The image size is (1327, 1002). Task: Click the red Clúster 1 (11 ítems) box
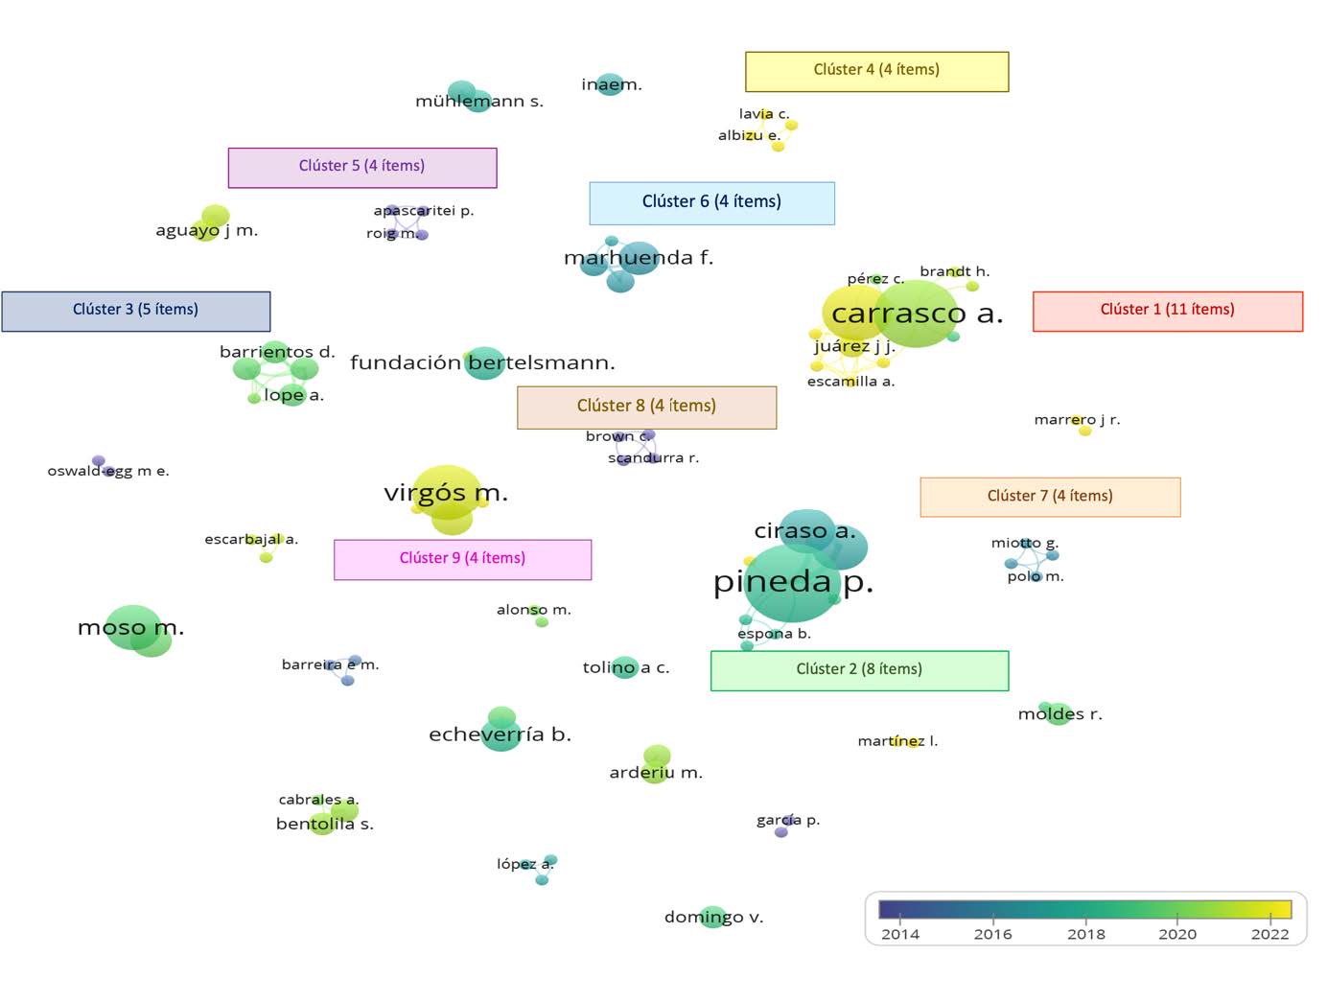click(1167, 311)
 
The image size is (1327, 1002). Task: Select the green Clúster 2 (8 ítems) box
click(859, 670)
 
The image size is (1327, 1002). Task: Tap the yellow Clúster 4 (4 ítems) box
click(876, 71)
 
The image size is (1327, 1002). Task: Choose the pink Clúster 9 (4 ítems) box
click(462, 559)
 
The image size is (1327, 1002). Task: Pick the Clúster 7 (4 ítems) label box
click(1050, 497)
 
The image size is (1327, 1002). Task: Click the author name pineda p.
click(793, 582)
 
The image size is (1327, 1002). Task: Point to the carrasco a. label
click(917, 314)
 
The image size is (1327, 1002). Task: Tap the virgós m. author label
click(446, 493)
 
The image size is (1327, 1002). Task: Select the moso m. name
click(130, 628)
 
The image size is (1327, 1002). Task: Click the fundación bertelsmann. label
click(482, 362)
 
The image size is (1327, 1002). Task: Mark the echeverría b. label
click(500, 734)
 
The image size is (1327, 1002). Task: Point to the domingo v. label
click(713, 918)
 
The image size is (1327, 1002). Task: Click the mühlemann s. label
click(478, 101)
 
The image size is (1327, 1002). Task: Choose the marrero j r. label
click(1077, 420)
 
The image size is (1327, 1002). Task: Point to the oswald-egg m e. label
click(108, 471)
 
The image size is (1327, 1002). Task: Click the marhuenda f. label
click(639, 258)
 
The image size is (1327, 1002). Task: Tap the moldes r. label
click(1059, 714)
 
